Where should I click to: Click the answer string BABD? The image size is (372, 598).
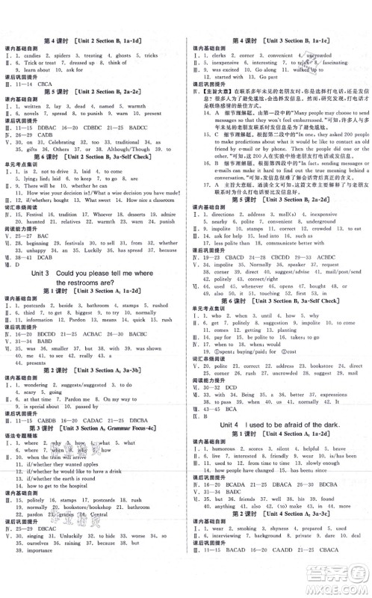(41, 342)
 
